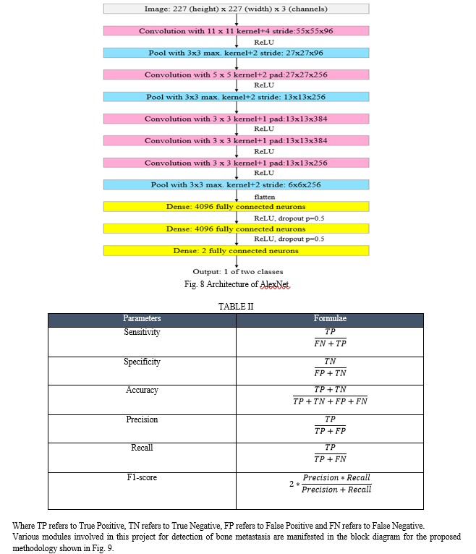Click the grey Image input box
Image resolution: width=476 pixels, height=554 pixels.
tap(236, 9)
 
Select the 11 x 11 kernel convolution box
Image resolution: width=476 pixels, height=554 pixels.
tap(236, 32)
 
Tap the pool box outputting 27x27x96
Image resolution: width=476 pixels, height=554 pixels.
tap(236, 53)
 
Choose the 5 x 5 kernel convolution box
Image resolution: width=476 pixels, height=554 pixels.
tap(236, 74)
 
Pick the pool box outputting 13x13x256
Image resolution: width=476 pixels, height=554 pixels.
tap(236, 96)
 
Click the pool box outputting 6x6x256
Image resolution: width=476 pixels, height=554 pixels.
tap(236, 184)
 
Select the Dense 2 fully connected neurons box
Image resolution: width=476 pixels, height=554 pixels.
tap(236, 250)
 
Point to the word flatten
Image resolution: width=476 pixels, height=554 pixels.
tap(265, 196)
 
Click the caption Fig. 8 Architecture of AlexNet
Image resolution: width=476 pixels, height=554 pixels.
tap(237, 284)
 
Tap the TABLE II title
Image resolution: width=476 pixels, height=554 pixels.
tap(236, 307)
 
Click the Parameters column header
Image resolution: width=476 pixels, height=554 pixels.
tap(142, 319)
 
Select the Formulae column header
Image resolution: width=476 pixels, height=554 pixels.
tap(330, 319)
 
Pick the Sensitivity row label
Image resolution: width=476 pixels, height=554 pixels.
tap(142, 333)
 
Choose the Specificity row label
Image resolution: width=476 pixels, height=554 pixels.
tap(142, 362)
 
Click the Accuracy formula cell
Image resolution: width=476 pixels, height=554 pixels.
tap(330, 395)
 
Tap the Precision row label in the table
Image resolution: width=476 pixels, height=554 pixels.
tap(142, 419)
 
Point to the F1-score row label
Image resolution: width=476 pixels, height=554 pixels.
tap(142, 478)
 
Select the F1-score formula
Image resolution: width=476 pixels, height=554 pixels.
tap(330, 484)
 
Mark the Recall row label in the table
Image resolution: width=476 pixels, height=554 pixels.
tap(142, 448)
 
